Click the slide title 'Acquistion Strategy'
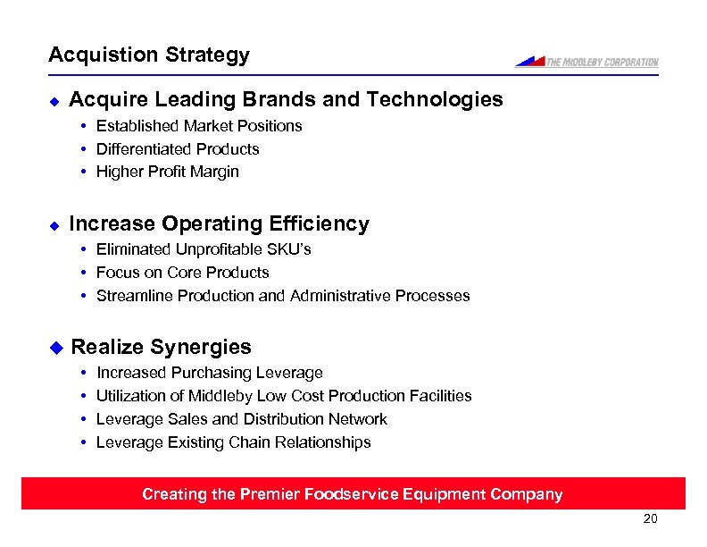tap(149, 55)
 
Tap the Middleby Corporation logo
tap(586, 62)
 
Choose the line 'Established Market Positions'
tap(199, 126)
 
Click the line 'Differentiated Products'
tap(178, 149)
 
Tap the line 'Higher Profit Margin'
tap(168, 172)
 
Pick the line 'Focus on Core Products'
tap(182, 273)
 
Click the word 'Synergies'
tap(201, 347)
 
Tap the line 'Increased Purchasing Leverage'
tap(210, 373)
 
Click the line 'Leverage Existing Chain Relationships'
tap(233, 442)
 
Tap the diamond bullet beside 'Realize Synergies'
tap(55, 347)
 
